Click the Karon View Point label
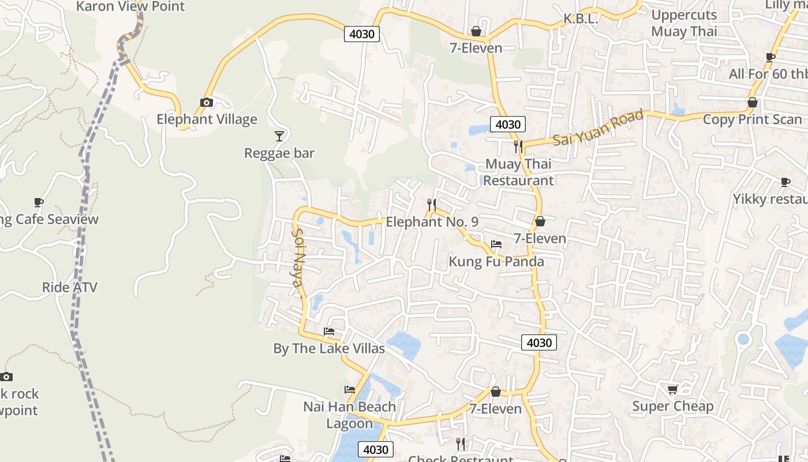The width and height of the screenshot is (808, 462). coord(130,7)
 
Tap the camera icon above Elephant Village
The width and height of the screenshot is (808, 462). coord(206,102)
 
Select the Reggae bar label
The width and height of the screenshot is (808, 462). coord(279,153)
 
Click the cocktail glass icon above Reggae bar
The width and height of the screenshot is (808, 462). coord(279,136)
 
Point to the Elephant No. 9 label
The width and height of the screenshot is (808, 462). coord(432,222)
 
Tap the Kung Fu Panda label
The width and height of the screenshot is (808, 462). coord(496,262)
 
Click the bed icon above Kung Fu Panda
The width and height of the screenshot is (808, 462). coord(496,244)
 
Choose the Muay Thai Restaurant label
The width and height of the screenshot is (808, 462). coord(518,172)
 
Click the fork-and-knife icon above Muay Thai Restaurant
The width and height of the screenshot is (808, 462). coord(518,146)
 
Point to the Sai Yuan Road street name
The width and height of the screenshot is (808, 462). coord(598,128)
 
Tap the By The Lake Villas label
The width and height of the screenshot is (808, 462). coord(329,349)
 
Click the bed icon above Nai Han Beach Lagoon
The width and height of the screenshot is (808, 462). coord(350,390)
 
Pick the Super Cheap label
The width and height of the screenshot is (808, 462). coord(673,406)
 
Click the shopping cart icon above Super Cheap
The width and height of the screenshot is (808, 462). coord(673,390)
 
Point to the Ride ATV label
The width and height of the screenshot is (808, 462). coord(70,287)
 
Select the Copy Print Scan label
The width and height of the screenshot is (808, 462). coord(753,120)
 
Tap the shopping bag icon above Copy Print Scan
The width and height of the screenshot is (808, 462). coord(753,102)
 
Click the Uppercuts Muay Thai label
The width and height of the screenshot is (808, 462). coord(684,23)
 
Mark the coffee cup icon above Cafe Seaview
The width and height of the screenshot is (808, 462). coord(39,202)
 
